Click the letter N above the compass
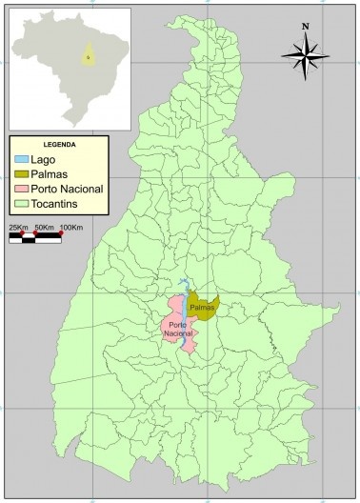tap(305, 27)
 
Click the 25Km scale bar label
tap(18, 227)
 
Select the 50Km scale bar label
tap(44, 227)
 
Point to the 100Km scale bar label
tap(72, 227)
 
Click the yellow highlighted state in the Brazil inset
tap(89, 55)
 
